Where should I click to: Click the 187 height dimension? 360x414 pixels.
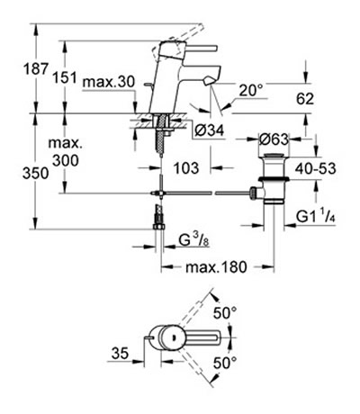point(36,69)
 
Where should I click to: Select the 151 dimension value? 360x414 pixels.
point(65,78)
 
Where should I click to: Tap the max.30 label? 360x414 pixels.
point(109,82)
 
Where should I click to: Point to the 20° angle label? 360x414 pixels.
point(251,90)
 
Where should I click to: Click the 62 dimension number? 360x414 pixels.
point(305,99)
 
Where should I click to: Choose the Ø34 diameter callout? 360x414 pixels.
point(209,130)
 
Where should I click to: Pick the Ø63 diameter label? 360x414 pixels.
point(274,139)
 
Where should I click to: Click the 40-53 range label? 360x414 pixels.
point(315,168)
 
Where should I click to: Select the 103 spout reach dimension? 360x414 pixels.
point(186,167)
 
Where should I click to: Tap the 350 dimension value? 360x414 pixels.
point(35,174)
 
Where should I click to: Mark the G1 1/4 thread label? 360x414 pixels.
point(315,216)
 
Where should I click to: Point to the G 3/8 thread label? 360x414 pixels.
point(193,239)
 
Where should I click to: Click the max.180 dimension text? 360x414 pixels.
point(216,266)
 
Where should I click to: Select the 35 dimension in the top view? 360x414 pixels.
point(120,353)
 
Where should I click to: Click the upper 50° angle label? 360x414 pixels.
point(225,313)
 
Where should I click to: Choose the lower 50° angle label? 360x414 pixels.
point(225,363)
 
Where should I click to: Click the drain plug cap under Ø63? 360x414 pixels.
point(273,156)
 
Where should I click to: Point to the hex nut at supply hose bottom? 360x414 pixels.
point(159,226)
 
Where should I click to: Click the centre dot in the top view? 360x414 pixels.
point(173,337)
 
